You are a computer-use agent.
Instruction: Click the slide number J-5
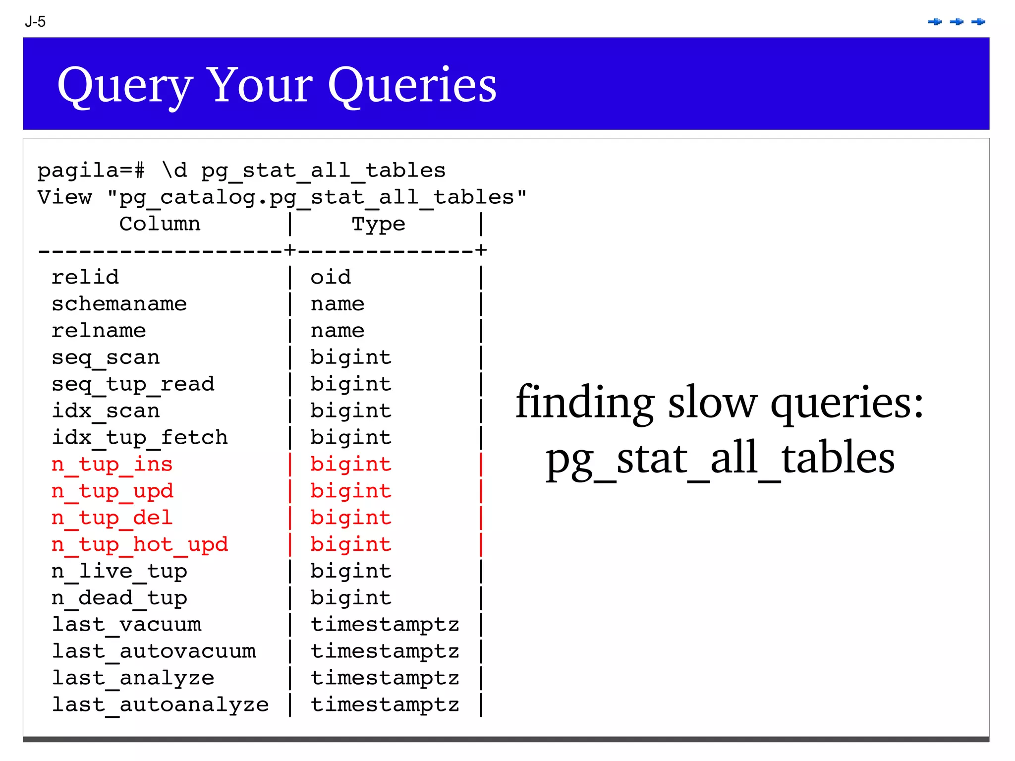pos(35,22)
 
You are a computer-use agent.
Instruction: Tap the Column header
pos(160,224)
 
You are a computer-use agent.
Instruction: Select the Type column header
pos(379,224)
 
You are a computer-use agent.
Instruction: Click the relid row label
pos(85,277)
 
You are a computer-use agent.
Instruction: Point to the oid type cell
pos(331,277)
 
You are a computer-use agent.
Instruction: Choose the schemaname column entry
pos(119,304)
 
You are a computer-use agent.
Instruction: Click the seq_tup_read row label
pos(133,384)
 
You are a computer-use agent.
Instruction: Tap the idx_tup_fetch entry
pos(140,438)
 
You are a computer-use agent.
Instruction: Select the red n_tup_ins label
pos(112,465)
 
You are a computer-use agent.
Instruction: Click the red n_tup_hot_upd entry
pos(140,545)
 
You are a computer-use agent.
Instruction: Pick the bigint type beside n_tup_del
pos(351,518)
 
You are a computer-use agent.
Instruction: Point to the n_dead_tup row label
pos(119,598)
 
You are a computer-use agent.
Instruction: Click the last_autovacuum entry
pos(154,651)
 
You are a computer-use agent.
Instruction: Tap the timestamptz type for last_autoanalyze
pos(385,705)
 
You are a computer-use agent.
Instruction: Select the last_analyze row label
pos(133,678)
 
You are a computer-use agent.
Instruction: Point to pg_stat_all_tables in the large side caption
pos(720,459)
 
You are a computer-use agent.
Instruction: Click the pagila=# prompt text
pos(91,171)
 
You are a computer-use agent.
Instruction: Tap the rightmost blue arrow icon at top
pos(978,22)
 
